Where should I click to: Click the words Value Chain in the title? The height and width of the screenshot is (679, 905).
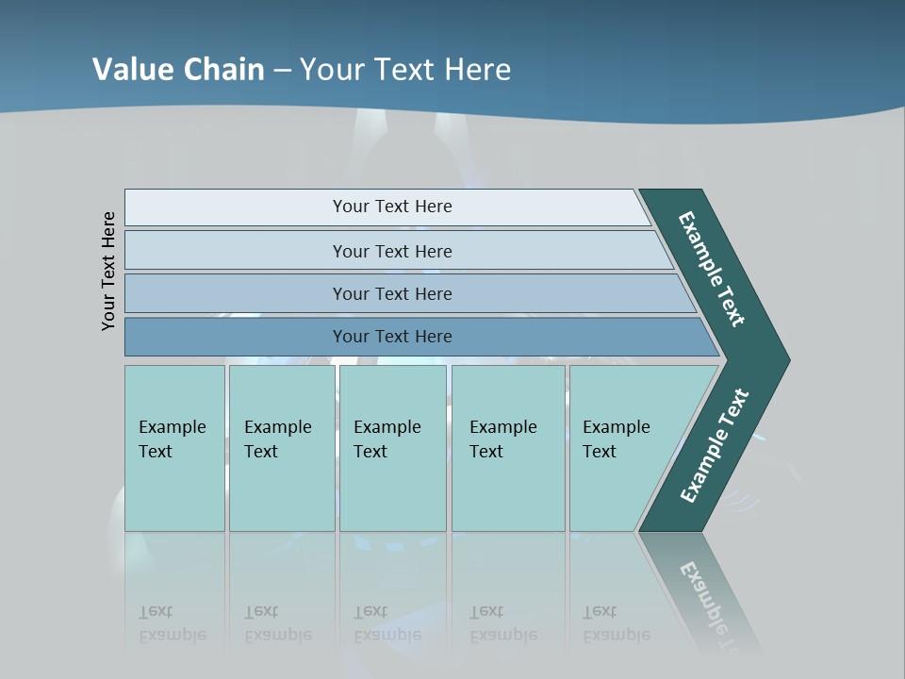click(178, 69)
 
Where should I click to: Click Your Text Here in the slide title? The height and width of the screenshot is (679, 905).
click(405, 69)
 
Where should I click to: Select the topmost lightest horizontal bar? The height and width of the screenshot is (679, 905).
click(236, 207)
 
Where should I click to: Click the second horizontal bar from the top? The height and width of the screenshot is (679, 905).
click(236, 251)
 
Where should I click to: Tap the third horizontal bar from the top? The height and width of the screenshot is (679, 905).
click(236, 293)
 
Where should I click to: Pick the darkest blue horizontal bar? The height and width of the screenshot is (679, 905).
click(236, 337)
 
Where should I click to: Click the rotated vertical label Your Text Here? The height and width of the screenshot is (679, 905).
click(108, 271)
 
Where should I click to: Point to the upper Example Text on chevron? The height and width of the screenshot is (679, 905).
click(712, 269)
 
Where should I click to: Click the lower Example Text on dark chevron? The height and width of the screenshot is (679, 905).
click(715, 445)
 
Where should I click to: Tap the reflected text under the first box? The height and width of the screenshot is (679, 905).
click(172, 622)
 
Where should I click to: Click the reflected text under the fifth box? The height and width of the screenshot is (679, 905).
click(616, 622)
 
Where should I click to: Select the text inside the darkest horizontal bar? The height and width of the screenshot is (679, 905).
click(392, 337)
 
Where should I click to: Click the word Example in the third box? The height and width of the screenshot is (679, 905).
click(387, 427)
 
